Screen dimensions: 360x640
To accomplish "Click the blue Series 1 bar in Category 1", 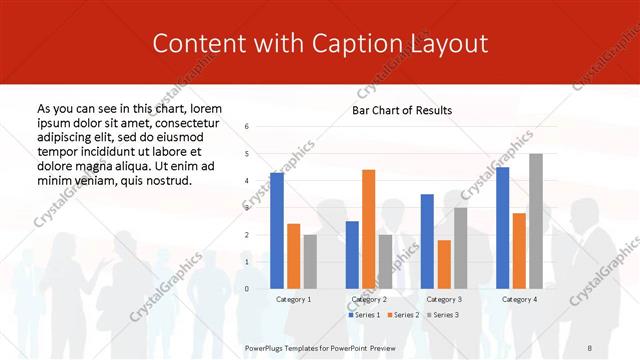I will coord(277,230).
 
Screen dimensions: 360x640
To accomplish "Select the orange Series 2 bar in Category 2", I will coord(368,229).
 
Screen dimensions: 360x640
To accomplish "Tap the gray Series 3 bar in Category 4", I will coord(536,221).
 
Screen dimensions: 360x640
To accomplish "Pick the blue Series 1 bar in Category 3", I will coord(427,241).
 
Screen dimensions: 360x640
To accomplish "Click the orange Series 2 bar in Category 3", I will coord(444,264).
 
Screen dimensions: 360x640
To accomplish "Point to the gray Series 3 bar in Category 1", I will coord(310,261).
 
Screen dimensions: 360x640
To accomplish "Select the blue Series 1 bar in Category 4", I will coord(502,227).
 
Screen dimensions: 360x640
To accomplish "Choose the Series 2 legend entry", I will coord(402,315).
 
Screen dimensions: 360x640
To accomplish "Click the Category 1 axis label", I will coord(293,299).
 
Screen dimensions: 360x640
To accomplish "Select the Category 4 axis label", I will coord(519,299).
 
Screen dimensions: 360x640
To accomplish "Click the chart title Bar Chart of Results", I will coord(402,110).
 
